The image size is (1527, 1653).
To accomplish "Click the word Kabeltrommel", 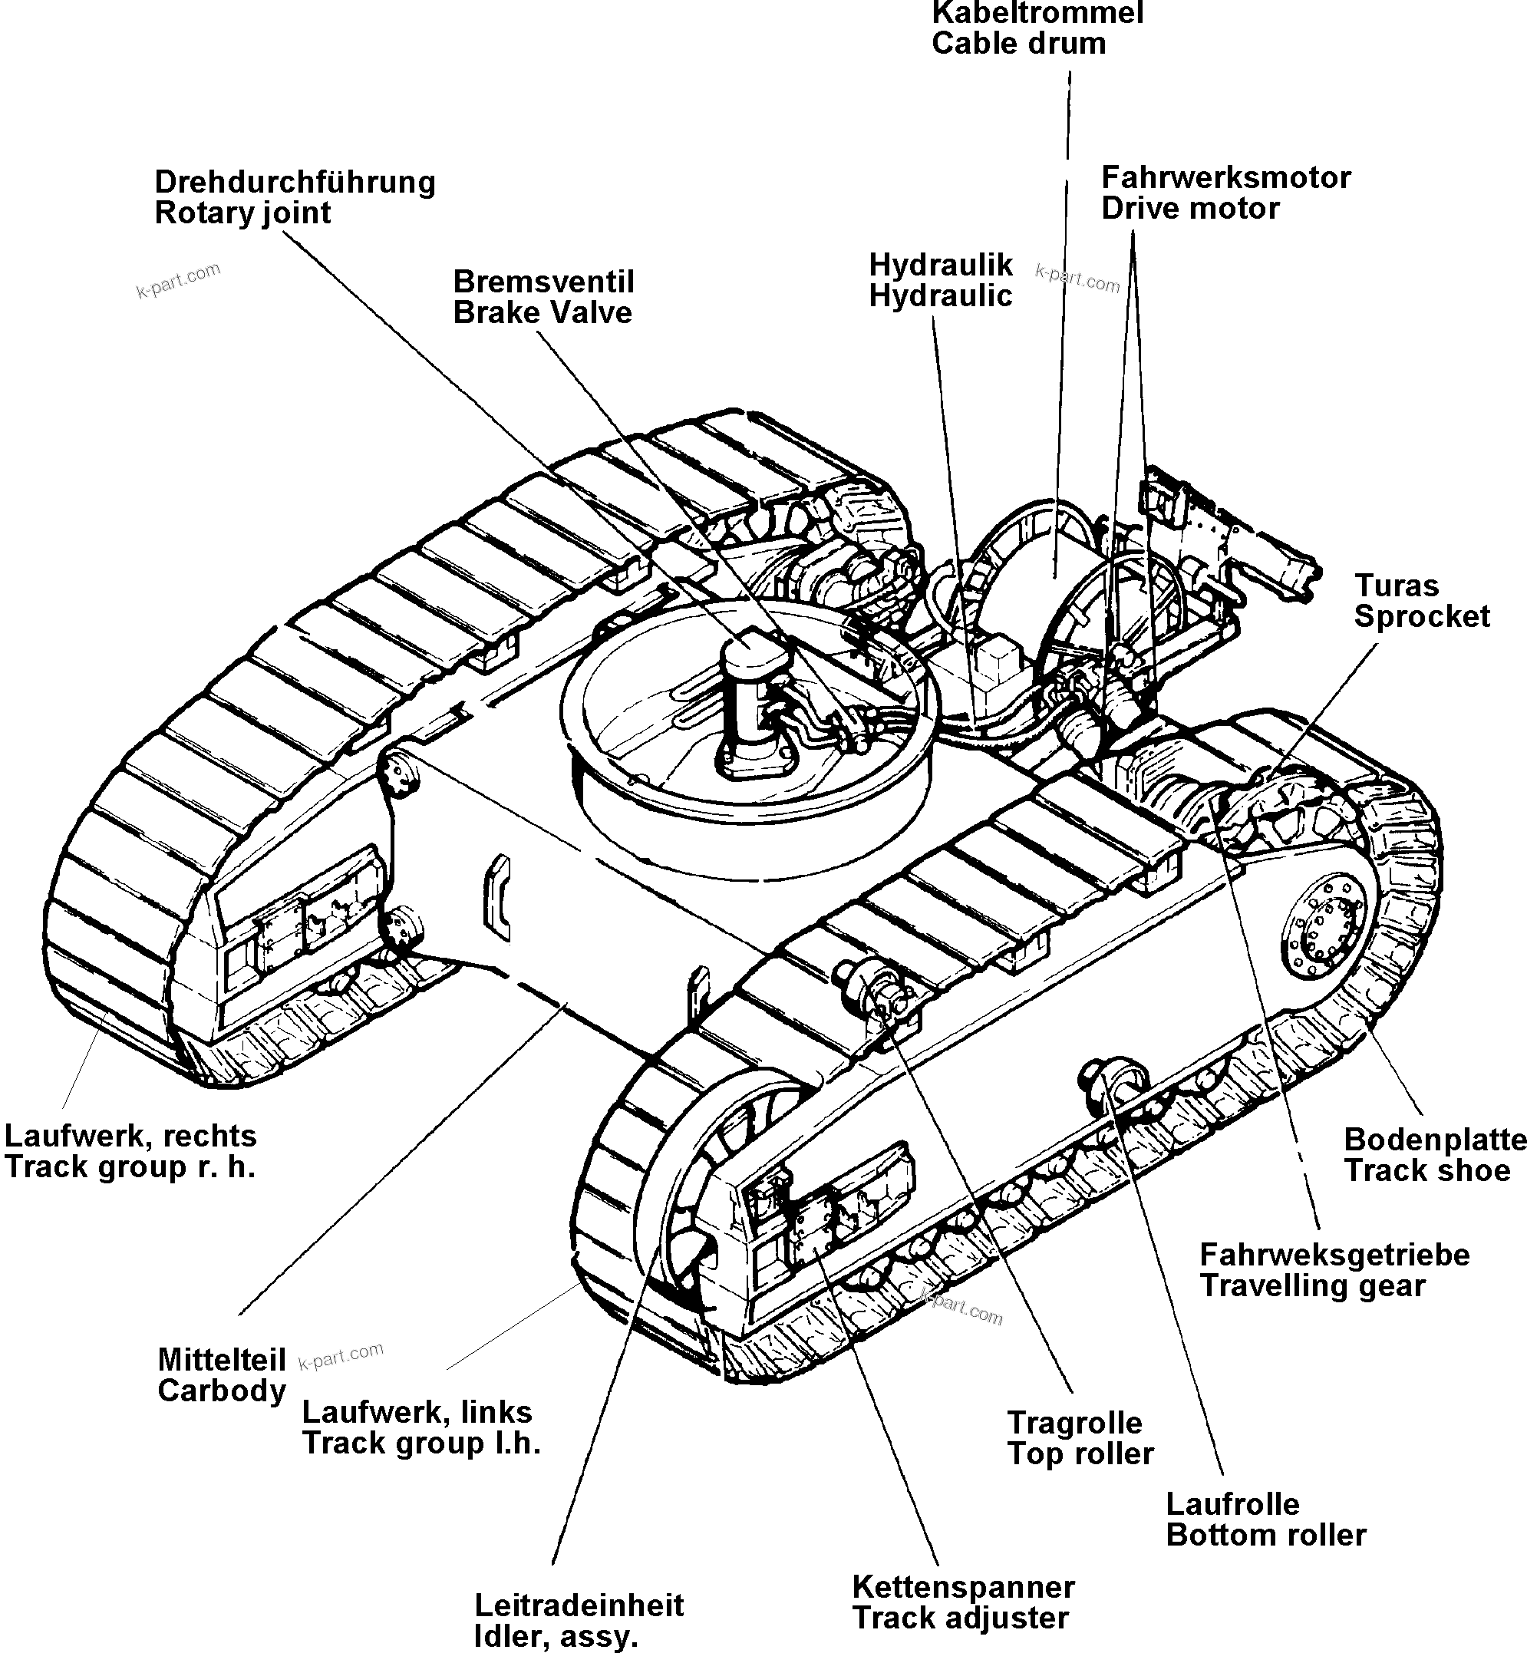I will pos(1037,13).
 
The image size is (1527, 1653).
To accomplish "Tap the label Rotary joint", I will pos(242,213).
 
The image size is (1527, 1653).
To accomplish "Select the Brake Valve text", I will pos(542,313).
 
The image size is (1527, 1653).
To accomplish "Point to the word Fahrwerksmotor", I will pos(1225,178).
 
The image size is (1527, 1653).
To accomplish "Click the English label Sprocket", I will pos(1421,616).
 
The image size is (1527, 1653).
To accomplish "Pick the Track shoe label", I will pos(1427,1170).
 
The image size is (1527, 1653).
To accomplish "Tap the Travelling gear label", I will pos(1312,1286).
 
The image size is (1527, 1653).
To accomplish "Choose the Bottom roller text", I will pos(1266,1536).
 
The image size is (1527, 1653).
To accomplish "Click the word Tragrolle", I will pos(1074,1424).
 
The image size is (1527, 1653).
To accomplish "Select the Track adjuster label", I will pos(960,1618).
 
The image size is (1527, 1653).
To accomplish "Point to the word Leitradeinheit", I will pos(579,1605).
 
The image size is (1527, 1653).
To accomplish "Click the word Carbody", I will pos(222,1391).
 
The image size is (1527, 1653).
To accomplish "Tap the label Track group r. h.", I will pos(130,1167).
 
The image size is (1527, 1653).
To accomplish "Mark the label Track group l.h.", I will pos(421,1443).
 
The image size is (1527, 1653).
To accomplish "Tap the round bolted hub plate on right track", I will pos(1322,930).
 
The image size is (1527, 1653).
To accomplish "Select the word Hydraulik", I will pos(940,266).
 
